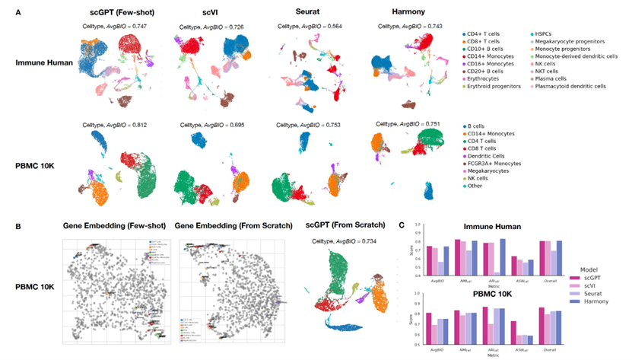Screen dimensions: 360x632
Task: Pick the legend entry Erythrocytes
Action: tap(488, 76)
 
